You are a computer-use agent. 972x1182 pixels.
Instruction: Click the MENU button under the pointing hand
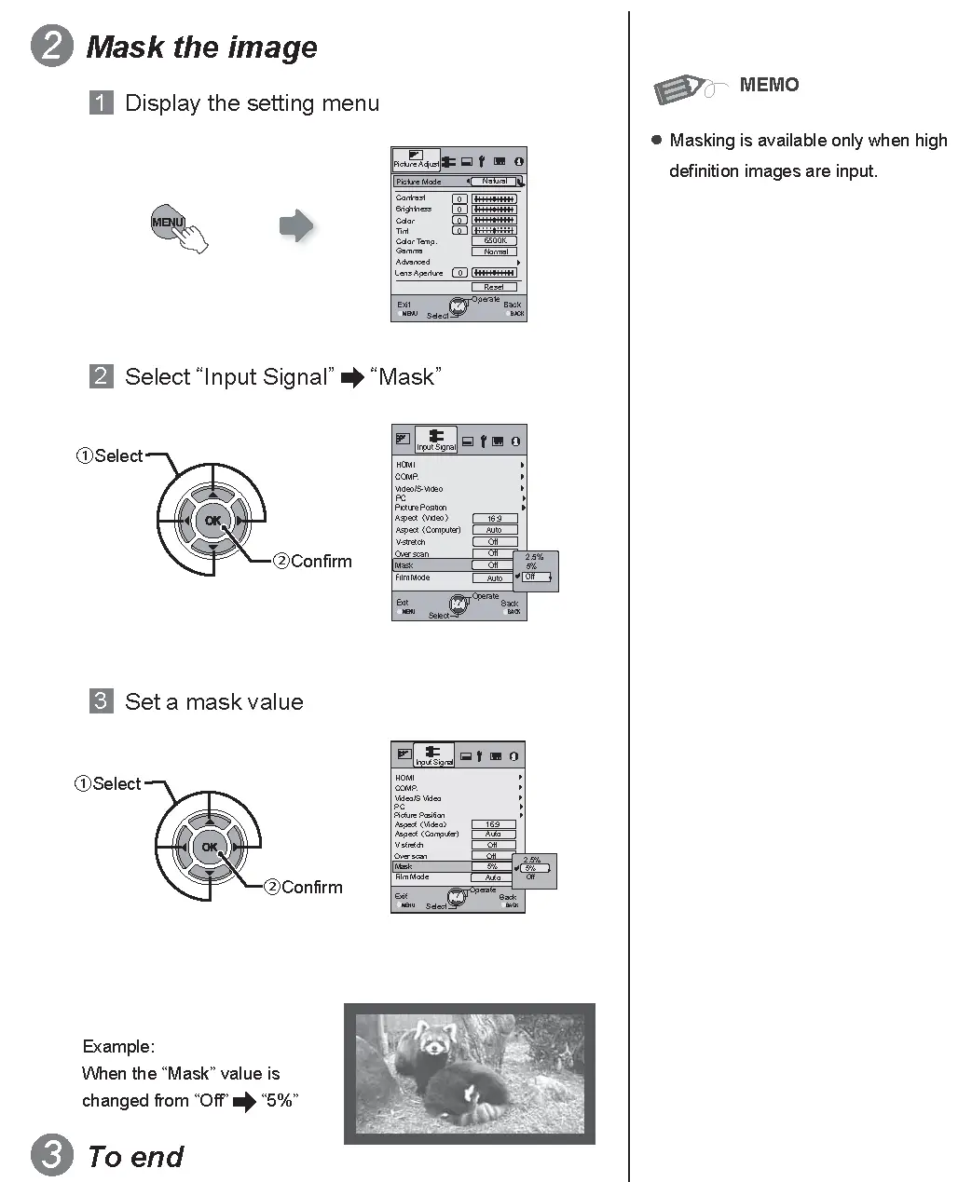(x=168, y=222)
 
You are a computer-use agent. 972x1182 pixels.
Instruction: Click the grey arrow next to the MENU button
(x=296, y=225)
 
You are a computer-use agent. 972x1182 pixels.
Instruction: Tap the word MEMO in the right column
(x=769, y=85)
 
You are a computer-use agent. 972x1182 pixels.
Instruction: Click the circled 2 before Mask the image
(x=52, y=47)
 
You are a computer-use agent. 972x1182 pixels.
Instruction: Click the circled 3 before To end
(x=52, y=1155)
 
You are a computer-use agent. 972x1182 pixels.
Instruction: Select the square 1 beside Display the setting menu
(x=101, y=102)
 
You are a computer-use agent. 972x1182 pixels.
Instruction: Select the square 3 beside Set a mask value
(x=101, y=700)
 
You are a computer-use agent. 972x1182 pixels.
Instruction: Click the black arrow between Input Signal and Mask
(x=352, y=378)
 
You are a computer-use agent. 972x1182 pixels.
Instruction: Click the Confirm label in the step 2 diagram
(x=321, y=561)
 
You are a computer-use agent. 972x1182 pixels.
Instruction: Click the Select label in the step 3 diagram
(x=116, y=783)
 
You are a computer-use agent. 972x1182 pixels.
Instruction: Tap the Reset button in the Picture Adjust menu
(x=494, y=287)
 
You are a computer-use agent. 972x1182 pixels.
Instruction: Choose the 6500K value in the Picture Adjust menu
(x=494, y=240)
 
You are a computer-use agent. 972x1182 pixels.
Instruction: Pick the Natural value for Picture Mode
(x=494, y=182)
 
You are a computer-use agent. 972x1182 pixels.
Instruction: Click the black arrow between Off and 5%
(x=244, y=1102)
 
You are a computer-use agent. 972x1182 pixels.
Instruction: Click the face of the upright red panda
(x=433, y=1044)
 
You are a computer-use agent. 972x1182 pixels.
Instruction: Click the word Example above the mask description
(x=118, y=1046)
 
